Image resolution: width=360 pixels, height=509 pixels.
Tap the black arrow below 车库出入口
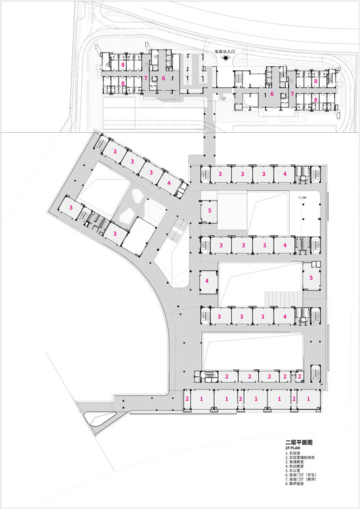click(x=218, y=60)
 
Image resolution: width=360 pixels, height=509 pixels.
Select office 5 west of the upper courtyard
click(x=209, y=211)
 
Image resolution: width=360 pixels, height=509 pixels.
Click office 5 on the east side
click(x=312, y=278)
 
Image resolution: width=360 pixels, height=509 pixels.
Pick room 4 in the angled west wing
click(x=168, y=183)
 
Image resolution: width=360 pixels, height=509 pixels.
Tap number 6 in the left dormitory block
click(x=164, y=78)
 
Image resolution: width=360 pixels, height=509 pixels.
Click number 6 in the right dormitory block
click(x=271, y=94)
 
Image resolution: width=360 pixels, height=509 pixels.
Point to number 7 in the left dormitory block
click(x=146, y=78)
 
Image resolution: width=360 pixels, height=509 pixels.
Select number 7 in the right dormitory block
click(x=292, y=94)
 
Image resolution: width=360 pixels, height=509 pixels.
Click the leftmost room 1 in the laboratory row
click(x=202, y=398)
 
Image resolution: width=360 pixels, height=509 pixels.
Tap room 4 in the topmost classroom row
click(x=284, y=174)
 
